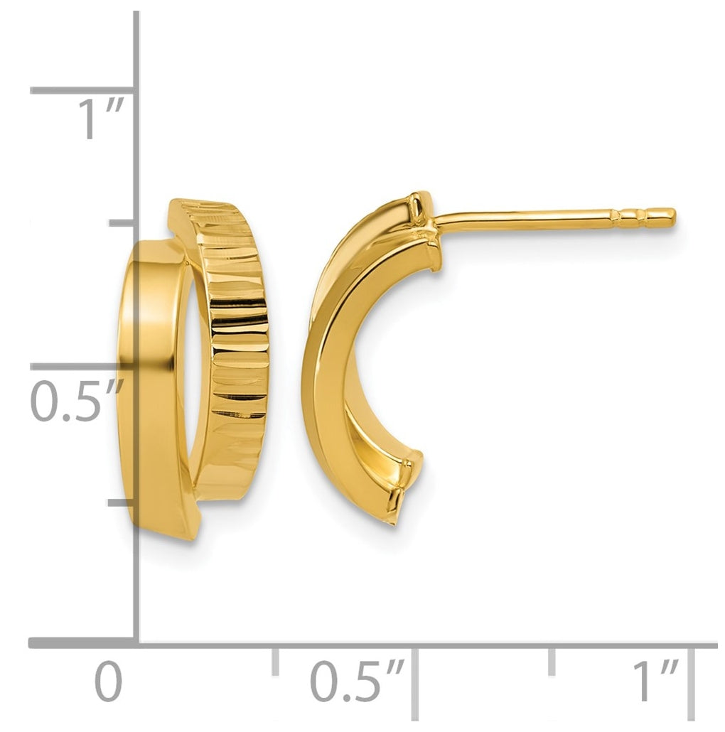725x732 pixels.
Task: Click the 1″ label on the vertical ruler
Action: point(100,119)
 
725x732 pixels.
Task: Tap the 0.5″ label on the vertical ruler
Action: point(77,401)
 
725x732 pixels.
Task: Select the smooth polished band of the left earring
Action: point(154,387)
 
